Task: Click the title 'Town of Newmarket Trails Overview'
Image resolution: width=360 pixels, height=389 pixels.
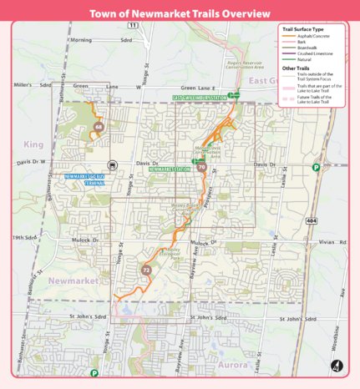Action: (180, 14)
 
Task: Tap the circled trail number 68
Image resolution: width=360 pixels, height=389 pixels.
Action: (99, 127)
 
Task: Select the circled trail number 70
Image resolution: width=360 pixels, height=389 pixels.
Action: (202, 168)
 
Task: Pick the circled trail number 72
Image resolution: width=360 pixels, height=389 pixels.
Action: (146, 270)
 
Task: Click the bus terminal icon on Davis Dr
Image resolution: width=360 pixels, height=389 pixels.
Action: (112, 165)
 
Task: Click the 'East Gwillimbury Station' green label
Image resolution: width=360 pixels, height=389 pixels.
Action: (200, 98)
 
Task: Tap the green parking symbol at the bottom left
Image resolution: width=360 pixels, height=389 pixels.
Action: (94, 373)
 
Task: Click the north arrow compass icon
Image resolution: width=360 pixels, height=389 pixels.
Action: (336, 365)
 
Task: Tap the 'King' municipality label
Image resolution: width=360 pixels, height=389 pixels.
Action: (34, 144)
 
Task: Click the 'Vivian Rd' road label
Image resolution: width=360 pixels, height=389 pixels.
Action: (326, 242)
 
